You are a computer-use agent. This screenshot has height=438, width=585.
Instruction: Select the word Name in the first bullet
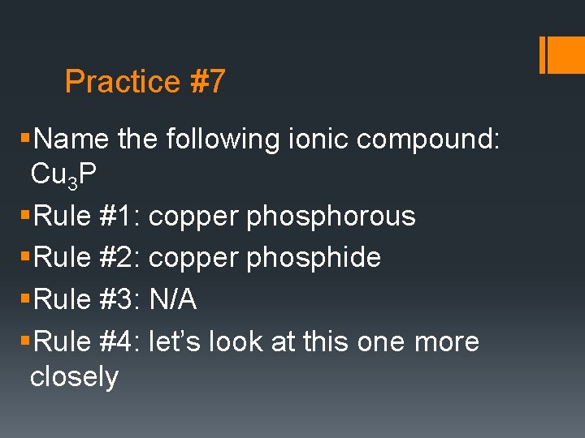[x=72, y=140]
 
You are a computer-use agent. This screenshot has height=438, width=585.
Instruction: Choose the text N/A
[x=173, y=299]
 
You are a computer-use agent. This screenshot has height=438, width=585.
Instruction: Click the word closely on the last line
[x=74, y=377]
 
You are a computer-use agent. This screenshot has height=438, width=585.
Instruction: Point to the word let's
[x=175, y=341]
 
